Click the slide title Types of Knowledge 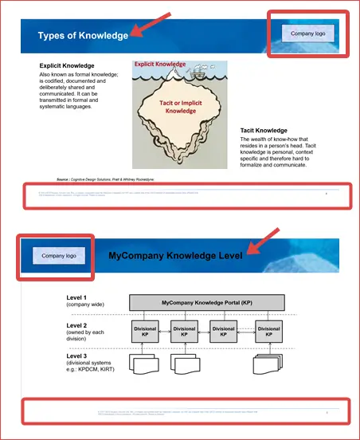pyautogui.click(x=83, y=36)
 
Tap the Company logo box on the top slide pyautogui.click(x=307, y=33)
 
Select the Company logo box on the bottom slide pyautogui.click(x=59, y=256)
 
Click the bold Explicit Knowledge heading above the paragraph pyautogui.click(x=67, y=65)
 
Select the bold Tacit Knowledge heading pyautogui.click(x=264, y=131)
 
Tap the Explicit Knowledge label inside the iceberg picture pyautogui.click(x=159, y=64)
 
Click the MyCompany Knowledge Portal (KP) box pyautogui.click(x=206, y=304)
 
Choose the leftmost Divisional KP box pyautogui.click(x=145, y=332)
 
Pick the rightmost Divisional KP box pyautogui.click(x=268, y=332)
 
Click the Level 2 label pyautogui.click(x=77, y=325)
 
